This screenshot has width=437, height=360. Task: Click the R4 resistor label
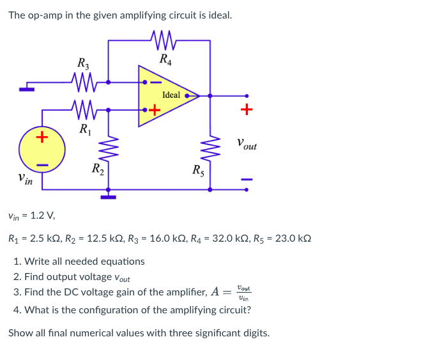165,61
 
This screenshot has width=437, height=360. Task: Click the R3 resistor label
83,63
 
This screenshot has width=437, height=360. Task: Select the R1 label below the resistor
84,130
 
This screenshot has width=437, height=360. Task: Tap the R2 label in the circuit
97,169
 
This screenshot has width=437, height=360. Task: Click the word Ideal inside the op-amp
171,95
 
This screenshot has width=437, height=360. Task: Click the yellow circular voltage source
42,151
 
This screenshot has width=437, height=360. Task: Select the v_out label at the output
246,145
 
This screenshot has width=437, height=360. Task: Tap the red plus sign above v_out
247,110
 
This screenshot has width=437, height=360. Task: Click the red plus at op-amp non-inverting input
154,110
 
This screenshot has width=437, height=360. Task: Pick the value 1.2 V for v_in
40,216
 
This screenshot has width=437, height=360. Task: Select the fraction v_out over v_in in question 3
243,292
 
